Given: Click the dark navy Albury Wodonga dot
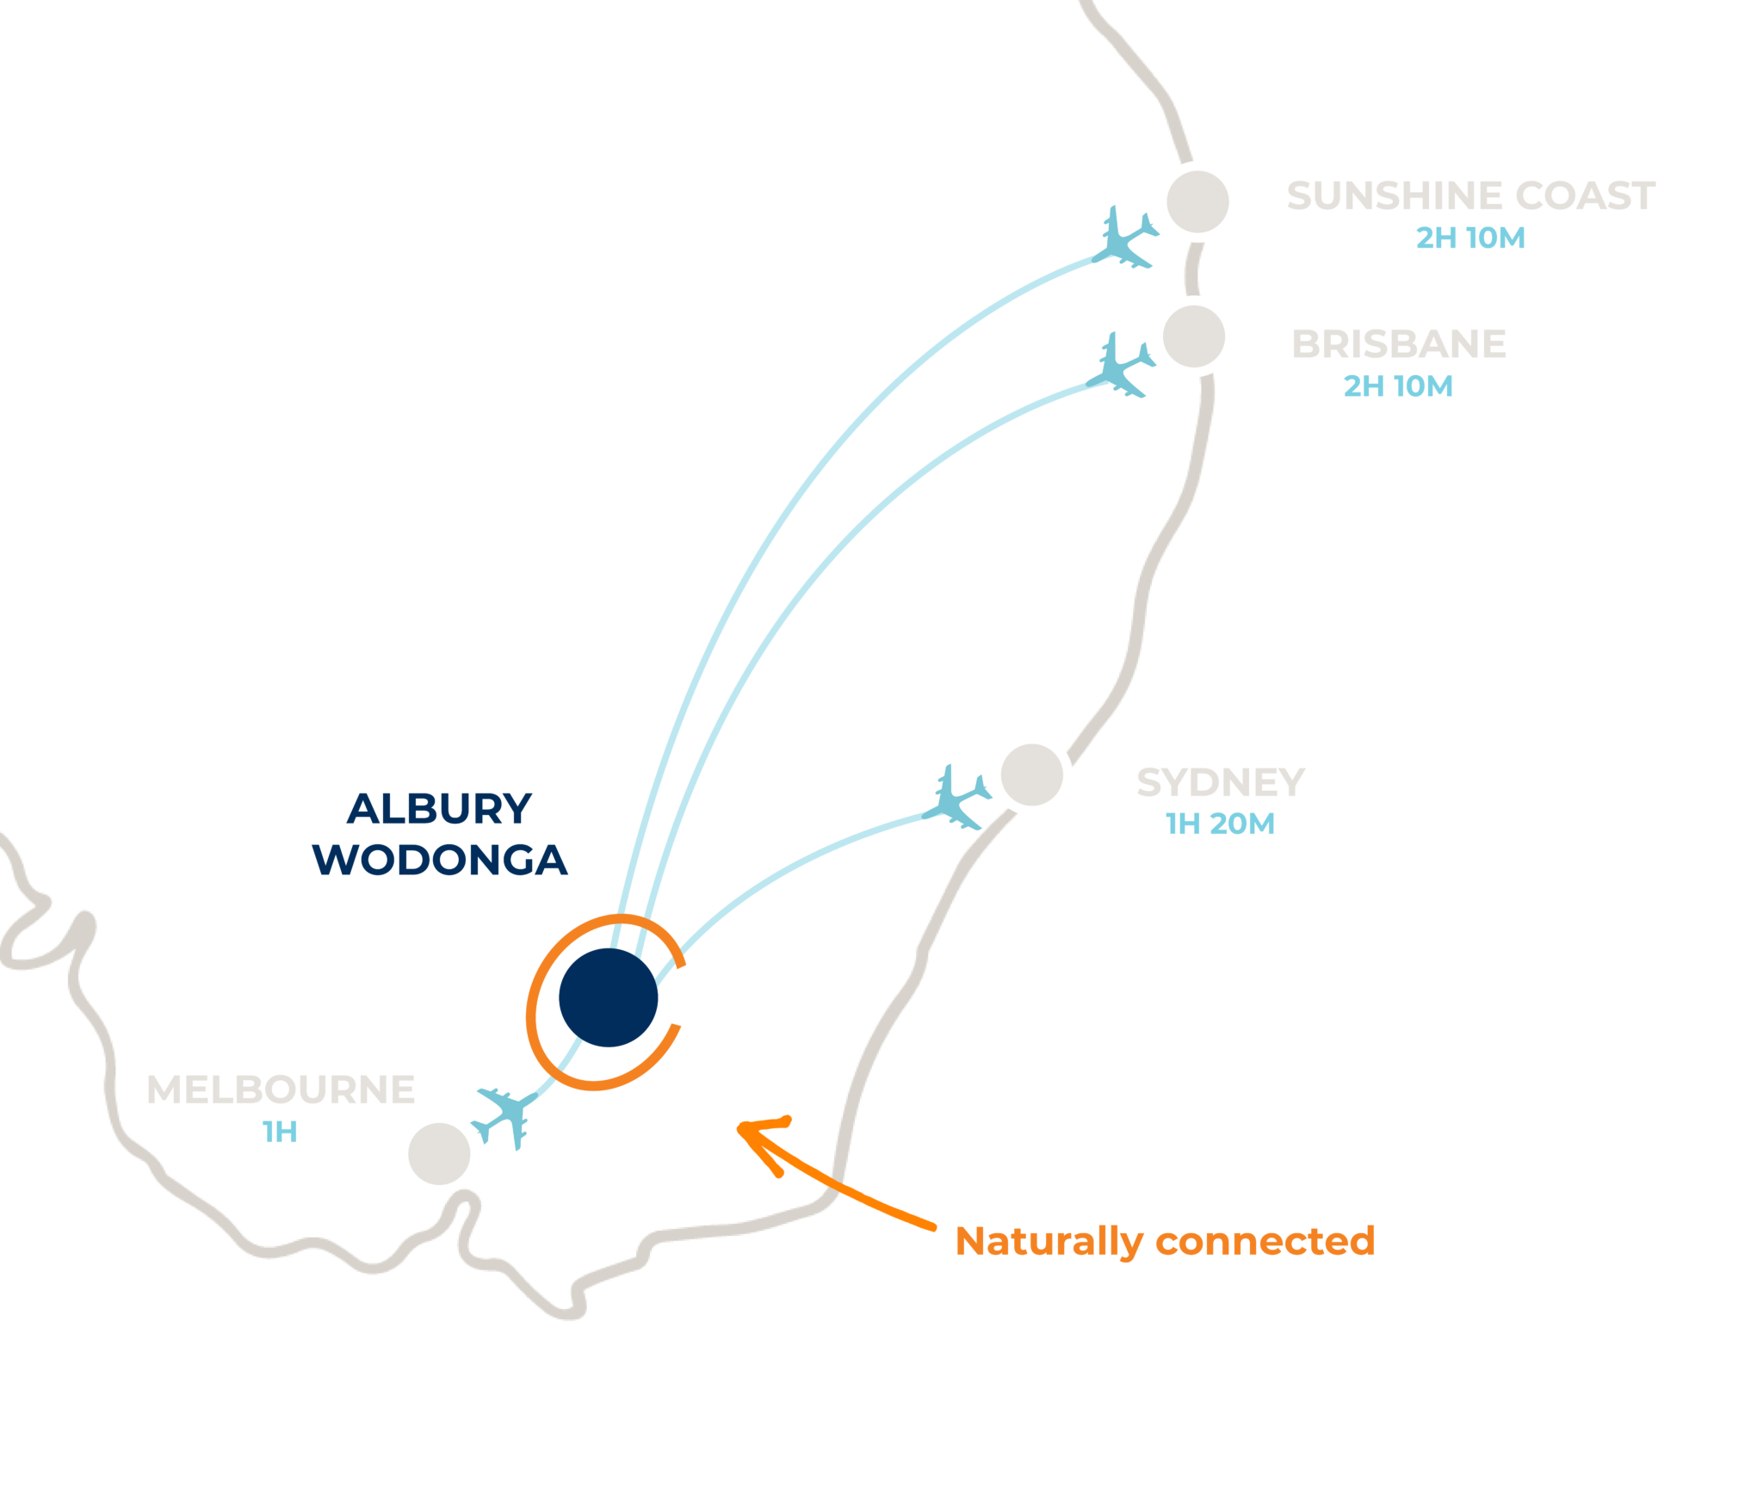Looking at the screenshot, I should [608, 997].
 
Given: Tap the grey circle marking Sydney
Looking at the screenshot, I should [1031, 775].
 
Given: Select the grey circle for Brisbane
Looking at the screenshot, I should [1193, 336].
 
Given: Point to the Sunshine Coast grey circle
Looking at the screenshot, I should [1197, 201].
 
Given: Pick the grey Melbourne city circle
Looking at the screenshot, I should [439, 1153].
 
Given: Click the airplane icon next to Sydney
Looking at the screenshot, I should [956, 799].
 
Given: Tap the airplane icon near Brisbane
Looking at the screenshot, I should [1119, 367].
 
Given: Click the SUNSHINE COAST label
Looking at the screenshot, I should [1470, 196].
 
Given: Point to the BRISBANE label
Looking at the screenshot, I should [1398, 344].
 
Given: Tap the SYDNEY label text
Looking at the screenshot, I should [1220, 783].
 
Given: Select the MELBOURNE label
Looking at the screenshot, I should [281, 1090].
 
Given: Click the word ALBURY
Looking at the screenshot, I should [439, 809].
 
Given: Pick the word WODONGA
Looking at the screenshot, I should [439, 860].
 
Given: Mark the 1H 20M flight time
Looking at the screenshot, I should [1220, 824].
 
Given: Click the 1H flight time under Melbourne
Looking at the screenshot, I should [280, 1132].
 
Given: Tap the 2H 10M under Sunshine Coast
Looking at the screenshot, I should [1470, 238].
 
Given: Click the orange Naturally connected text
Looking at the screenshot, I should [1165, 1242].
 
